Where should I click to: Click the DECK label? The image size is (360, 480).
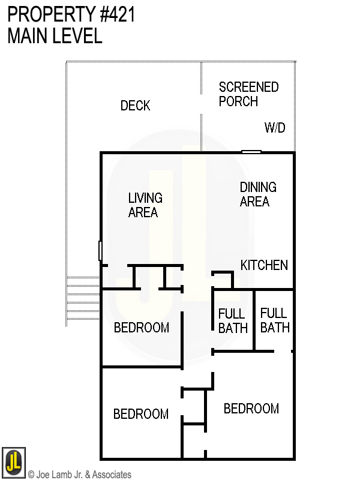coord(135,106)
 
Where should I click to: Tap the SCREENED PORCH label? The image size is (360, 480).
coord(248,94)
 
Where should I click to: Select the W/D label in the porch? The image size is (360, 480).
coord(275,128)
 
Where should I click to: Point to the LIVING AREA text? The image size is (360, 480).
coord(145,205)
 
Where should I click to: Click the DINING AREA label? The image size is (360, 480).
coord(258,194)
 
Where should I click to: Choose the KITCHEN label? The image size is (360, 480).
coord(264,265)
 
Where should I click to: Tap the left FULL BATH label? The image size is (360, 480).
coord(233,321)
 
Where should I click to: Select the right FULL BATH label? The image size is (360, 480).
coord(274,320)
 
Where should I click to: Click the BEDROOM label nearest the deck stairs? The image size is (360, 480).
coord(141,328)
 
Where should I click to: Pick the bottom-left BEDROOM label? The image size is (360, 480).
coord(141,414)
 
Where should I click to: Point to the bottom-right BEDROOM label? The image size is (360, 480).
coord(251,409)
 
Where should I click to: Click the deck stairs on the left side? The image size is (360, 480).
coord(82,301)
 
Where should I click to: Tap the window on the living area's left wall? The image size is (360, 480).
coord(100,250)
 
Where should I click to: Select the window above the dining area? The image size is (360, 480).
coord(251,152)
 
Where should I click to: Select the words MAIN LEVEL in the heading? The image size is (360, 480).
coord(55,36)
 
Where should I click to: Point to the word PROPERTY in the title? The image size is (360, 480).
coord(46,14)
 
